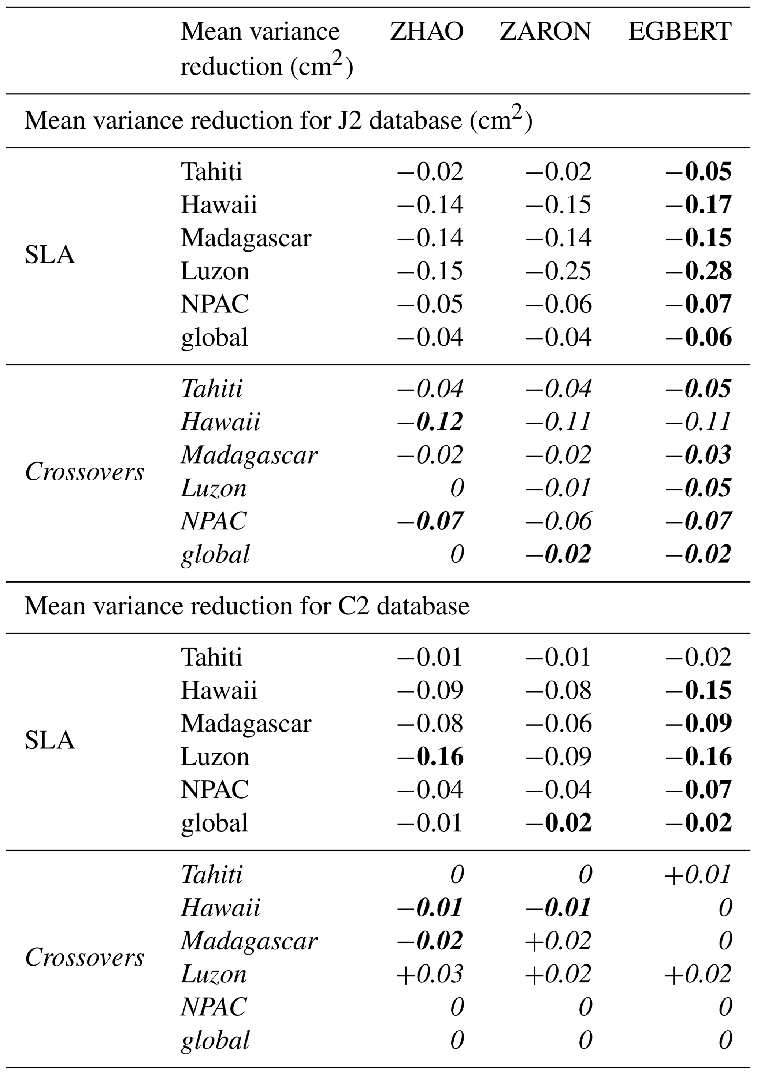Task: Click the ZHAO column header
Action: [x=426, y=31]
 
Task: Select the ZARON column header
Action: [x=545, y=31]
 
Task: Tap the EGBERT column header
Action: [x=679, y=31]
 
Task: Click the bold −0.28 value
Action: [x=698, y=271]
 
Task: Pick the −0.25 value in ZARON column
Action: [x=559, y=271]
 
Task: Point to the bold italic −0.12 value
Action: [x=430, y=421]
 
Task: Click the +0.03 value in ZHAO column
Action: [x=430, y=974]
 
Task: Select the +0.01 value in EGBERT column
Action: [x=698, y=874]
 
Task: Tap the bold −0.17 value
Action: [x=698, y=205]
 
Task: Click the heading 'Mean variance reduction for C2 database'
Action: [x=247, y=606]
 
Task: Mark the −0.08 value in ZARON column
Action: [x=559, y=690]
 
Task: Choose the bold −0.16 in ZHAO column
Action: [x=430, y=756]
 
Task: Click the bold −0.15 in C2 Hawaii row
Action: [x=698, y=690]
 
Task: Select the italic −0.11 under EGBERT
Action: [x=698, y=421]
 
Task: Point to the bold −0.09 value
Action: [x=698, y=724]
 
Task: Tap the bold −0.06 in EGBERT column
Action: [x=698, y=338]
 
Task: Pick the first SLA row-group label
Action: [x=50, y=255]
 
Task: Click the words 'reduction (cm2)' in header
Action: [x=267, y=66]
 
